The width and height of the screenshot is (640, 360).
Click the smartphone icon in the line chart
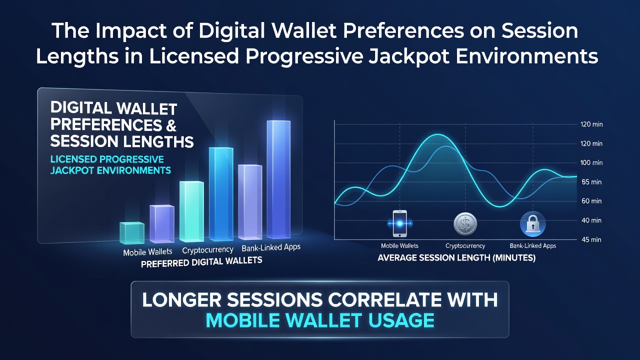tap(399, 223)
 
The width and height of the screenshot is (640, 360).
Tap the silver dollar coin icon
tap(465, 223)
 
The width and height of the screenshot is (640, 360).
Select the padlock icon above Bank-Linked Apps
tap(533, 224)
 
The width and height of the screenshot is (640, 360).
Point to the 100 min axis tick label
tap(591, 162)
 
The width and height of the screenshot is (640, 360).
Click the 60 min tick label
tap(591, 201)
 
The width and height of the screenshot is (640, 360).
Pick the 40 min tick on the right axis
tap(591, 220)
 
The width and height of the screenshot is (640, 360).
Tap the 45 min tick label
tap(591, 239)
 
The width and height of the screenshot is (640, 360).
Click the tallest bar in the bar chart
tap(278, 179)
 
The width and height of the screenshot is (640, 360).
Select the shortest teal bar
tap(131, 233)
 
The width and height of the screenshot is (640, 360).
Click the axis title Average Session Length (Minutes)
tap(456, 258)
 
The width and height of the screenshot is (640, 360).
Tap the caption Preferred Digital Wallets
tap(201, 262)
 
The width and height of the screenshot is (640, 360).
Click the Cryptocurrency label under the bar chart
tap(207, 250)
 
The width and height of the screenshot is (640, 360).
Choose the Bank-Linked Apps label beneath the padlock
tap(533, 245)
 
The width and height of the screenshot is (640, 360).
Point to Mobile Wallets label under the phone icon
tap(399, 245)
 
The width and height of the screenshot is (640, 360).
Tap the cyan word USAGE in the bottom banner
tap(401, 320)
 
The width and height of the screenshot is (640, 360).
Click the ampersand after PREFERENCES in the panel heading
tap(171, 125)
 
